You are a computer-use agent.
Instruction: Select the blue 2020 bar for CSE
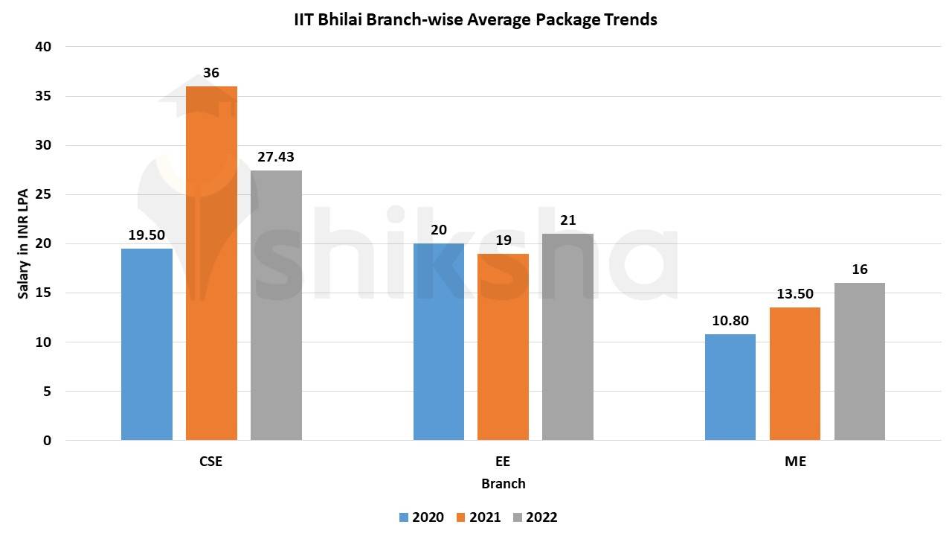pyautogui.click(x=147, y=344)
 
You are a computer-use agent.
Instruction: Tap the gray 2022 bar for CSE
pyautogui.click(x=276, y=305)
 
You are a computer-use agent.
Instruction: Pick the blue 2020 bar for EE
pyautogui.click(x=439, y=342)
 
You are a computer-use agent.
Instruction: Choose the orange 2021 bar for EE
pyautogui.click(x=503, y=347)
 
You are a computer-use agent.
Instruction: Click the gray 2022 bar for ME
pyautogui.click(x=860, y=361)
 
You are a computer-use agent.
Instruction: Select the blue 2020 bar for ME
pyautogui.click(x=730, y=387)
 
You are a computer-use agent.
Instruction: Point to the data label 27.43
pyautogui.click(x=276, y=157)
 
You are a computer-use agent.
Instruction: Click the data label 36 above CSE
pyautogui.click(x=211, y=73)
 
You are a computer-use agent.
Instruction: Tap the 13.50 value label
pyautogui.click(x=795, y=294)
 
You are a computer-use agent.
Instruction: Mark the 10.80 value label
pyautogui.click(x=730, y=321)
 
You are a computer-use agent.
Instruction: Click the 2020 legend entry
pyautogui.click(x=421, y=517)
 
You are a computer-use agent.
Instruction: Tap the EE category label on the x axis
pyautogui.click(x=503, y=461)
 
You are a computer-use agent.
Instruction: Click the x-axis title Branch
pyautogui.click(x=503, y=484)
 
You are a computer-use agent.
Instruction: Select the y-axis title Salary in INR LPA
pyautogui.click(x=24, y=243)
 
